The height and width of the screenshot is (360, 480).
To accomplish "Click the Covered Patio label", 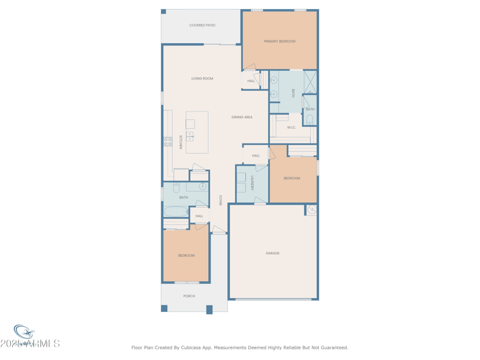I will pos(202,25).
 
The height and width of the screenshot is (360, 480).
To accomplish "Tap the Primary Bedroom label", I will pos(280,41).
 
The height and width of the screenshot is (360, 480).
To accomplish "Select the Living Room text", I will pos(202,79).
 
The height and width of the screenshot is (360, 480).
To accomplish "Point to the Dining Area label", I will pos(242,117).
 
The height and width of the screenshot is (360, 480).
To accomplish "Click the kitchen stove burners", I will pos(168,142).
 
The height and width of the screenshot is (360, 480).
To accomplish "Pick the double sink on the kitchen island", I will pos(190,136).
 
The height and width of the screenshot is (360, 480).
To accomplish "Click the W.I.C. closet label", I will pos(291,127).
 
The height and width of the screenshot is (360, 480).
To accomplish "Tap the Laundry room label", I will pos(253,183).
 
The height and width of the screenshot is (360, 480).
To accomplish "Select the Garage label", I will pos(272,253).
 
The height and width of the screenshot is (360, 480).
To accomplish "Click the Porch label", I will pos(189,296).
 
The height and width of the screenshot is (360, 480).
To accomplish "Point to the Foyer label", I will pos(221,200).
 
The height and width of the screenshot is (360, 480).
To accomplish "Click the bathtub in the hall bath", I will pos(176,212).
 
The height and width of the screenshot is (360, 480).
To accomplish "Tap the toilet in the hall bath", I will pos(177,187).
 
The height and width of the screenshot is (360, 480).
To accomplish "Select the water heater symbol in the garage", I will pos(311,210).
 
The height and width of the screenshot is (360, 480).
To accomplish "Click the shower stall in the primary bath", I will pos(310,82).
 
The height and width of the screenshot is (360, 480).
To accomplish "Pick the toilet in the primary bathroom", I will pos(310,119).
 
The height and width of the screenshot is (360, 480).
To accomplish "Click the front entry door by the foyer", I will pos(219,230).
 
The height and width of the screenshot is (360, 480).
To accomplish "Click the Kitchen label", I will pos(180,142).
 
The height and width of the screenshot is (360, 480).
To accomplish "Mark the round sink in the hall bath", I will pos(202,187).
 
